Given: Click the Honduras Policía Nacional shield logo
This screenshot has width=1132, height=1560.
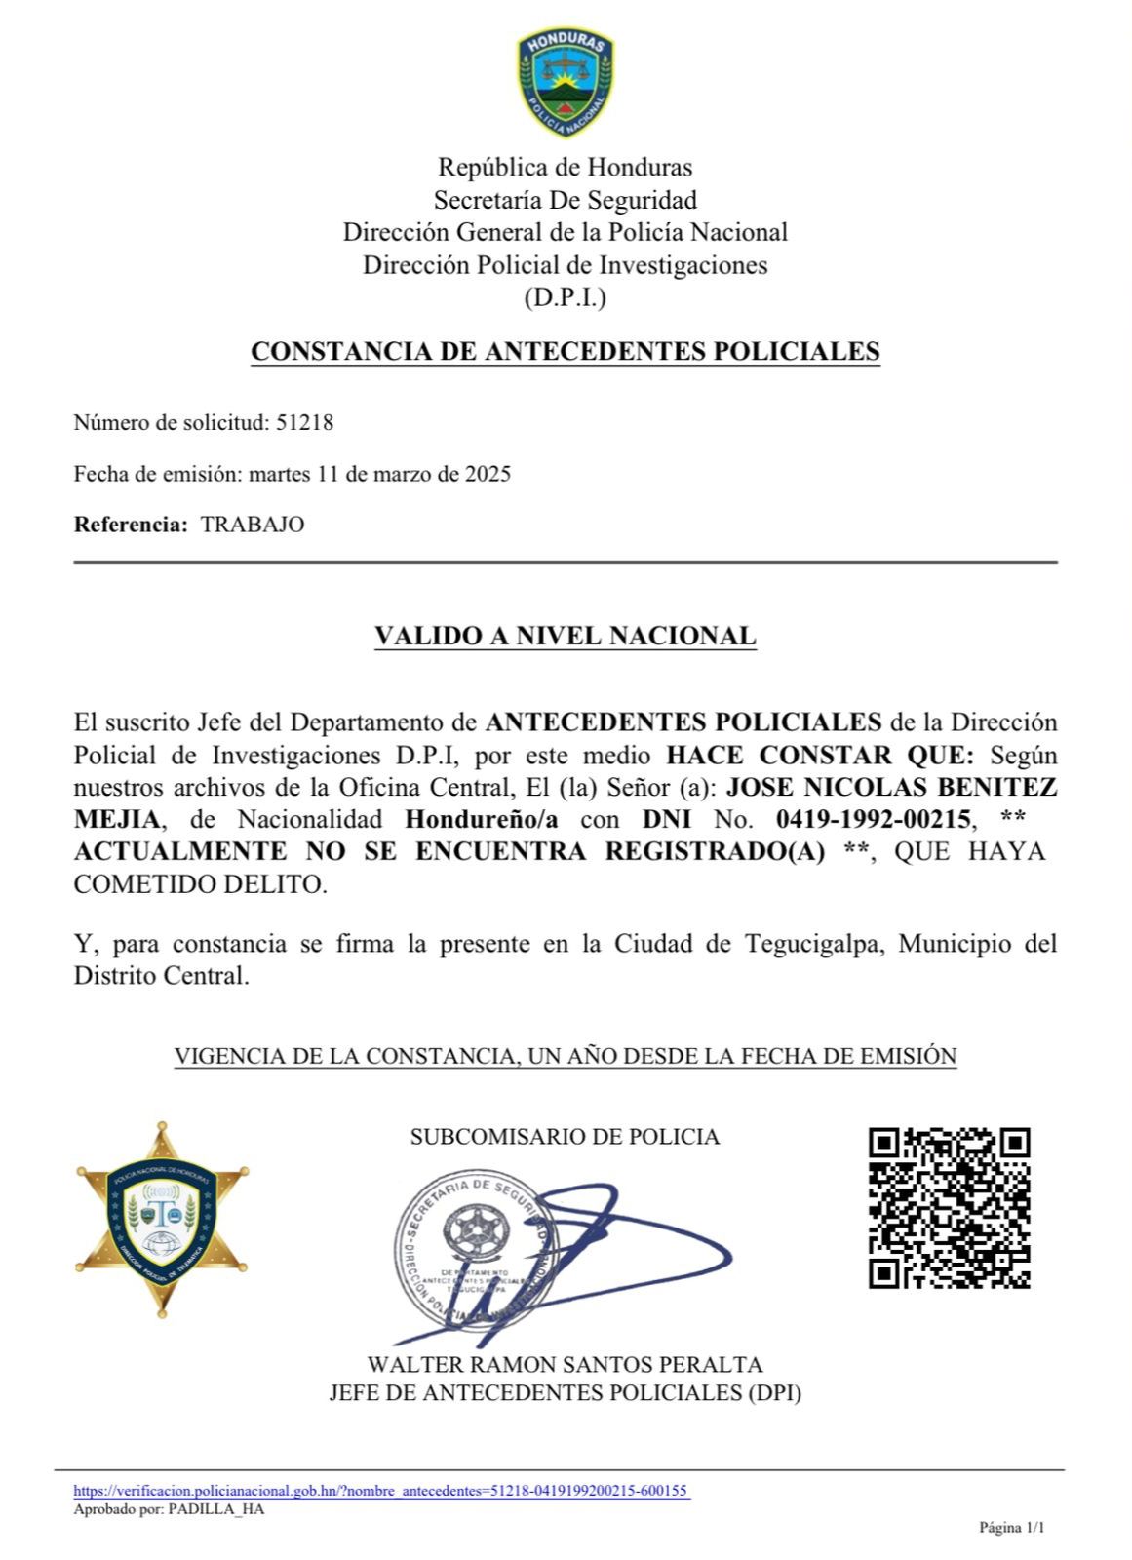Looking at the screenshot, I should point(566,84).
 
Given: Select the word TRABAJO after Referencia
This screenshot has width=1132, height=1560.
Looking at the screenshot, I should point(253,525).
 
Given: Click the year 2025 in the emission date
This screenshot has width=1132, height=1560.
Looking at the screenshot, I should point(488,475).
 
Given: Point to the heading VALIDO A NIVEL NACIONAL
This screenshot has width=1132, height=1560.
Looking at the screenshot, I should point(566,637).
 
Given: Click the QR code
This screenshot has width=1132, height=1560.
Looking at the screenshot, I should point(949,1208).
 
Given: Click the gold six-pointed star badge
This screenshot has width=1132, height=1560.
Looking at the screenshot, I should point(163,1220).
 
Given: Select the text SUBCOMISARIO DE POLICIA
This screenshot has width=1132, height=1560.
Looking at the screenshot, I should point(565,1137).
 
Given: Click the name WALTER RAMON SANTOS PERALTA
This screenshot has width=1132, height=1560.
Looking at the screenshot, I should point(565,1365).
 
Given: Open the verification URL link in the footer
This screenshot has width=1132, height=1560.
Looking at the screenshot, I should point(382,1491).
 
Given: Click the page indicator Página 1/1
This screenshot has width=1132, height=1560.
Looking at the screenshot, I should point(1011,1528).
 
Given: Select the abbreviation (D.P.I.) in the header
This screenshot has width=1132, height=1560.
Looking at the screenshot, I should point(565,298).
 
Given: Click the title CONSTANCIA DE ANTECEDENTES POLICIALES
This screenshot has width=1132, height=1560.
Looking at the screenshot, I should point(566,352).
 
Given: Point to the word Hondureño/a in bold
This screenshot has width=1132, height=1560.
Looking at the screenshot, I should point(482,819).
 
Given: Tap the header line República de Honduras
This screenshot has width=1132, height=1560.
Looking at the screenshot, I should point(565,168).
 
